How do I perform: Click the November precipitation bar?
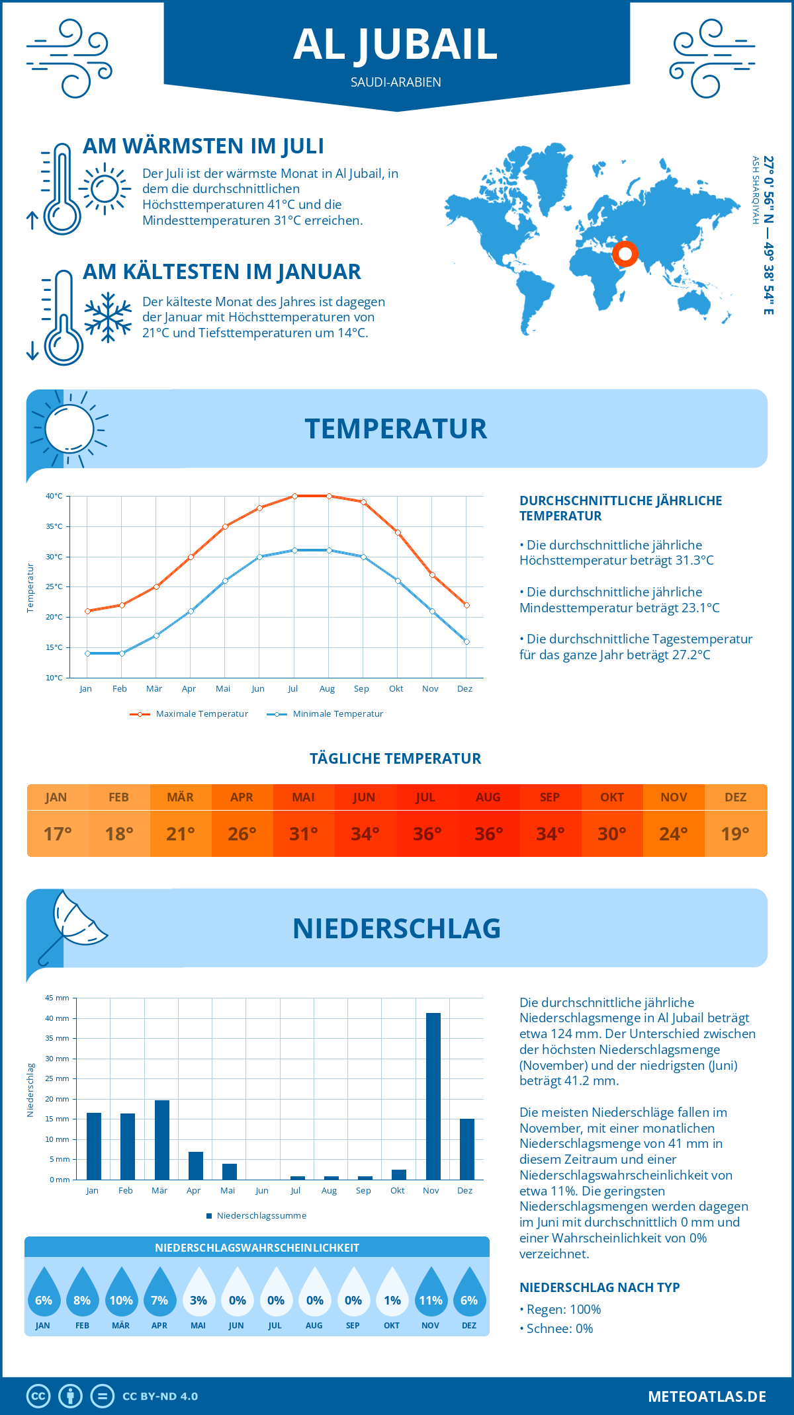point(433,1096)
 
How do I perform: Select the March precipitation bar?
point(161,1140)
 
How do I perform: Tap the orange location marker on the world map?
point(625,254)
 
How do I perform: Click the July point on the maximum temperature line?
point(294,496)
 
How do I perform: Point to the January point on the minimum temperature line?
point(87,653)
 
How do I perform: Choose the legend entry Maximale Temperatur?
point(189,714)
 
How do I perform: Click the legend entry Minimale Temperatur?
point(326,714)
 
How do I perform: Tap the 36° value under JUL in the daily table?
point(427,834)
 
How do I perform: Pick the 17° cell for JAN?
point(58,834)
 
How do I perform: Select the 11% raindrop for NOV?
point(430,1294)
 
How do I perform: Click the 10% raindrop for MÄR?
point(121,1294)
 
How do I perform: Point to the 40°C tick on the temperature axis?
point(54,496)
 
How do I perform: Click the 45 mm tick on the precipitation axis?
point(57,998)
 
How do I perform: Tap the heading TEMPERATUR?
point(396,428)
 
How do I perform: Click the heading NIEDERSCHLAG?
point(396,928)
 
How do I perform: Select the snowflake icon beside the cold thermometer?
point(108,317)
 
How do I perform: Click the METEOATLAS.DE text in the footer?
point(707,1396)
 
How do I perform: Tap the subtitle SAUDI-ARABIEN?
point(396,82)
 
